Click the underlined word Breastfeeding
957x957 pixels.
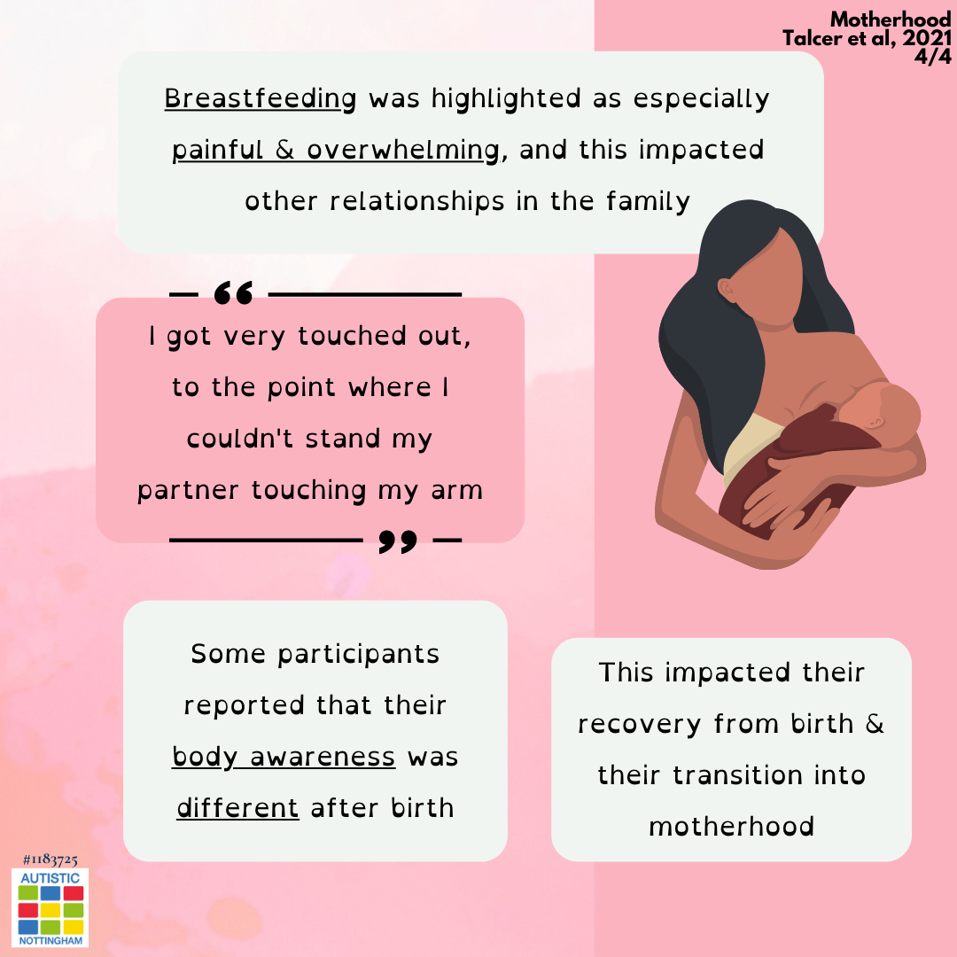[x=261, y=99]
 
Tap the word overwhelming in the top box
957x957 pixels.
[x=403, y=150]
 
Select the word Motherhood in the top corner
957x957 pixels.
[x=891, y=19]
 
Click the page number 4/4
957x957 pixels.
[x=932, y=56]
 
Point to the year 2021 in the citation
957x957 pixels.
[x=927, y=38]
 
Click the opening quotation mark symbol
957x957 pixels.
[x=234, y=293]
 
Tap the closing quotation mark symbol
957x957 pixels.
[x=398, y=541]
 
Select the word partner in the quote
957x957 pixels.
[x=188, y=491]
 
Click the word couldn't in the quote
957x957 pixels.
[x=240, y=439]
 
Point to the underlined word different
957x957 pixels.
[x=238, y=807]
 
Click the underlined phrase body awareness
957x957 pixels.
[x=284, y=757]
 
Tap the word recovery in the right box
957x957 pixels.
[x=639, y=725]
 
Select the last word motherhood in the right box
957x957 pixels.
[x=731, y=827]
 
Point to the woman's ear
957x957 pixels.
[x=727, y=289]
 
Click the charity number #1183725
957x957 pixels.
[x=50, y=860]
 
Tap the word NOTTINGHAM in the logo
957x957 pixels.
[x=51, y=940]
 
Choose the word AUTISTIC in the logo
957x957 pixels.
[x=50, y=877]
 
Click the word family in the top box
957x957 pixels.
[x=648, y=201]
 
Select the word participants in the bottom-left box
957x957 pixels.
[x=358, y=655]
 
